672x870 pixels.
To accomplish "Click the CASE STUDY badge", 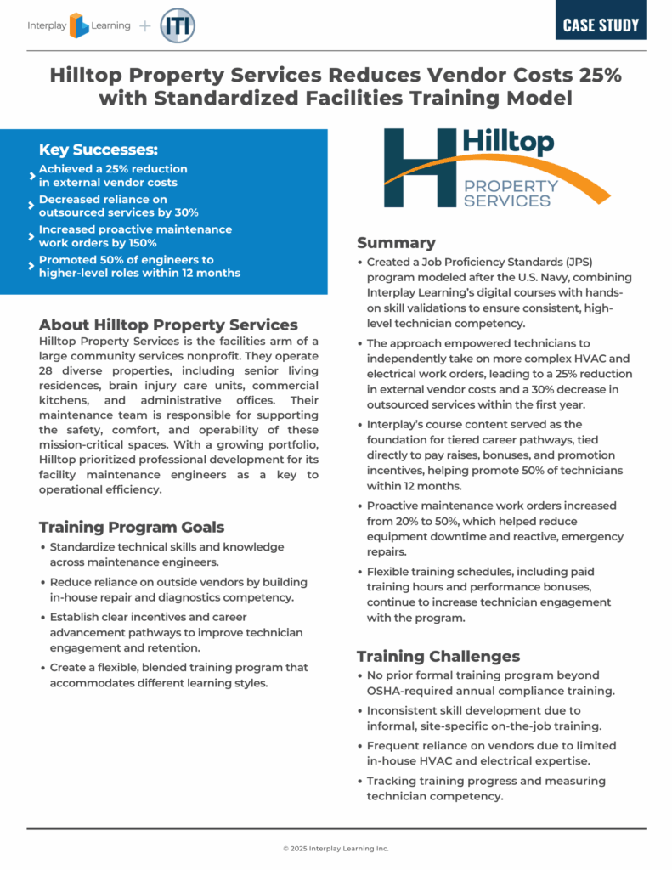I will tap(601, 25).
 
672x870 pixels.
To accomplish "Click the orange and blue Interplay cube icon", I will tap(79, 26).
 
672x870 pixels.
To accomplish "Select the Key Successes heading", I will tap(98, 150).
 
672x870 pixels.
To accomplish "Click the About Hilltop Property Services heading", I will tap(168, 325).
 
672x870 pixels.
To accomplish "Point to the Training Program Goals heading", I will tap(132, 527).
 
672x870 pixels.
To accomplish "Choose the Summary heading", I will tap(396, 242).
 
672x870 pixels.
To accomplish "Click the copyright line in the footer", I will tap(336, 848).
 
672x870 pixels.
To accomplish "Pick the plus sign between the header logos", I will tap(144, 25).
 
